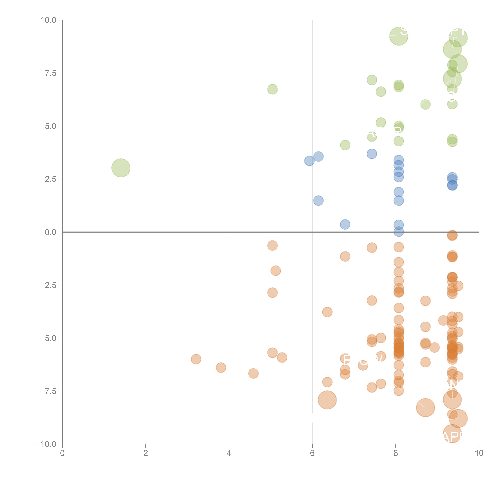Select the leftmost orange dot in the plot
coord(196,359)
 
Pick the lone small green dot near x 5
coord(272,89)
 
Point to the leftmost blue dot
coord(309,161)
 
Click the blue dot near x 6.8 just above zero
coord(345,224)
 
